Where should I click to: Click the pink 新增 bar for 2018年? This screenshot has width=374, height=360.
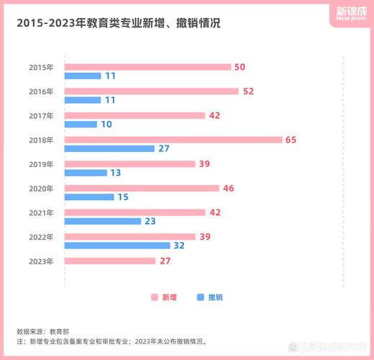[x=173, y=140]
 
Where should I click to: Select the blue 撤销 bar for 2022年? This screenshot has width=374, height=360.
[x=117, y=246]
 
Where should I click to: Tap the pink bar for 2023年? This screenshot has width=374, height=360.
[x=110, y=261]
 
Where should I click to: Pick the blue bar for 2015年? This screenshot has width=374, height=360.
[x=83, y=76]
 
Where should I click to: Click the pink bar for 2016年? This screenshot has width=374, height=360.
[x=151, y=91]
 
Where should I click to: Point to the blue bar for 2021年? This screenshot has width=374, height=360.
[x=103, y=221]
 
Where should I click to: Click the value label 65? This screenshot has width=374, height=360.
[x=291, y=140]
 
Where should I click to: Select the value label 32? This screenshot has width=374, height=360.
[x=179, y=246]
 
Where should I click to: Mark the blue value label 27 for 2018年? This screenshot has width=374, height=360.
[x=163, y=148]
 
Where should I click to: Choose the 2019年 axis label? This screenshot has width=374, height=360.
[x=41, y=164]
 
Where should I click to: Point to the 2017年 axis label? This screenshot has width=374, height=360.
[x=41, y=116]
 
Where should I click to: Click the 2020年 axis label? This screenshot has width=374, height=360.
[x=41, y=189]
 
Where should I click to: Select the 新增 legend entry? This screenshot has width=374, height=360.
[x=163, y=297]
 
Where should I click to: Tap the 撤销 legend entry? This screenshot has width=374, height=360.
[x=209, y=297]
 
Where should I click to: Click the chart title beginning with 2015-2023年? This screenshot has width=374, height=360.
[x=118, y=23]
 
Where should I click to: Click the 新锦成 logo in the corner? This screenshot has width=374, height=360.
[x=350, y=14]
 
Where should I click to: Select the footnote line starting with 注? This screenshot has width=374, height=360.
[x=111, y=342]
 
